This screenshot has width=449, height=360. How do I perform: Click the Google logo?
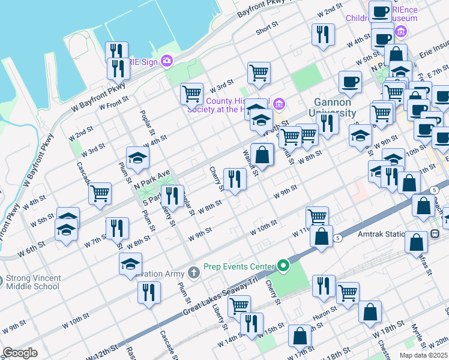click(20, 353)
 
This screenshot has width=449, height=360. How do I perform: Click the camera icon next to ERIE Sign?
click(166, 61)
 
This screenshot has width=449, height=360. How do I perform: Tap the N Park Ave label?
click(152, 178)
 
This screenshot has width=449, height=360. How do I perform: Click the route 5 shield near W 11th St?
click(338, 238)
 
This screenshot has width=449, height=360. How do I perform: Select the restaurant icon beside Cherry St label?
click(235, 178)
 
